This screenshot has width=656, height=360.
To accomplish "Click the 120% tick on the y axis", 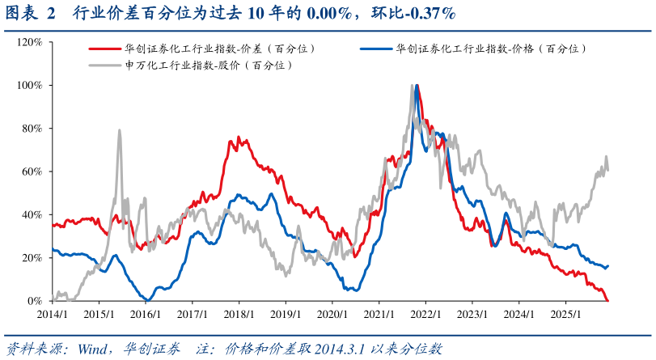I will coord(30,41).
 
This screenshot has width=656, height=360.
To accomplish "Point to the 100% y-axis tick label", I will coord(30,85).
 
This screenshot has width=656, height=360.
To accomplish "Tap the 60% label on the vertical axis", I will coord(32,172).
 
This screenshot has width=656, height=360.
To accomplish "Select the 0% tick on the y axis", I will coord(36,301).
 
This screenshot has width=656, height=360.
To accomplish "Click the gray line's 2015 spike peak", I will coord(120,129).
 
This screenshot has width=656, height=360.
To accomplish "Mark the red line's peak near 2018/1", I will coord(231,139).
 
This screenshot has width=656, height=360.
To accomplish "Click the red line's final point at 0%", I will coord(607,300).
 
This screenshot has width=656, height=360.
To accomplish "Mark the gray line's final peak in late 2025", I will coord(606,157).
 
